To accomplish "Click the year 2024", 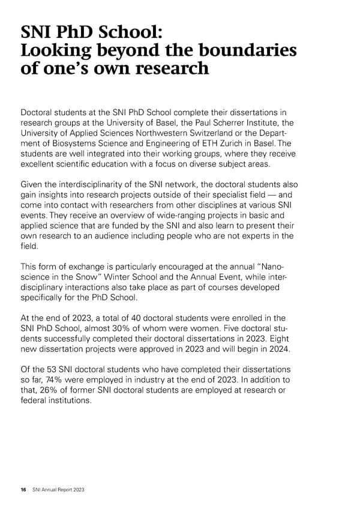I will (280, 348).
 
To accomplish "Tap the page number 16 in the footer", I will (23, 490).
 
